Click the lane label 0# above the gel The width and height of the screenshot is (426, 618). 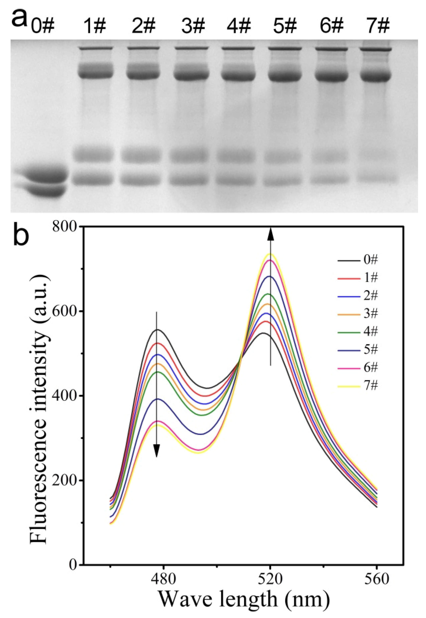(43, 26)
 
